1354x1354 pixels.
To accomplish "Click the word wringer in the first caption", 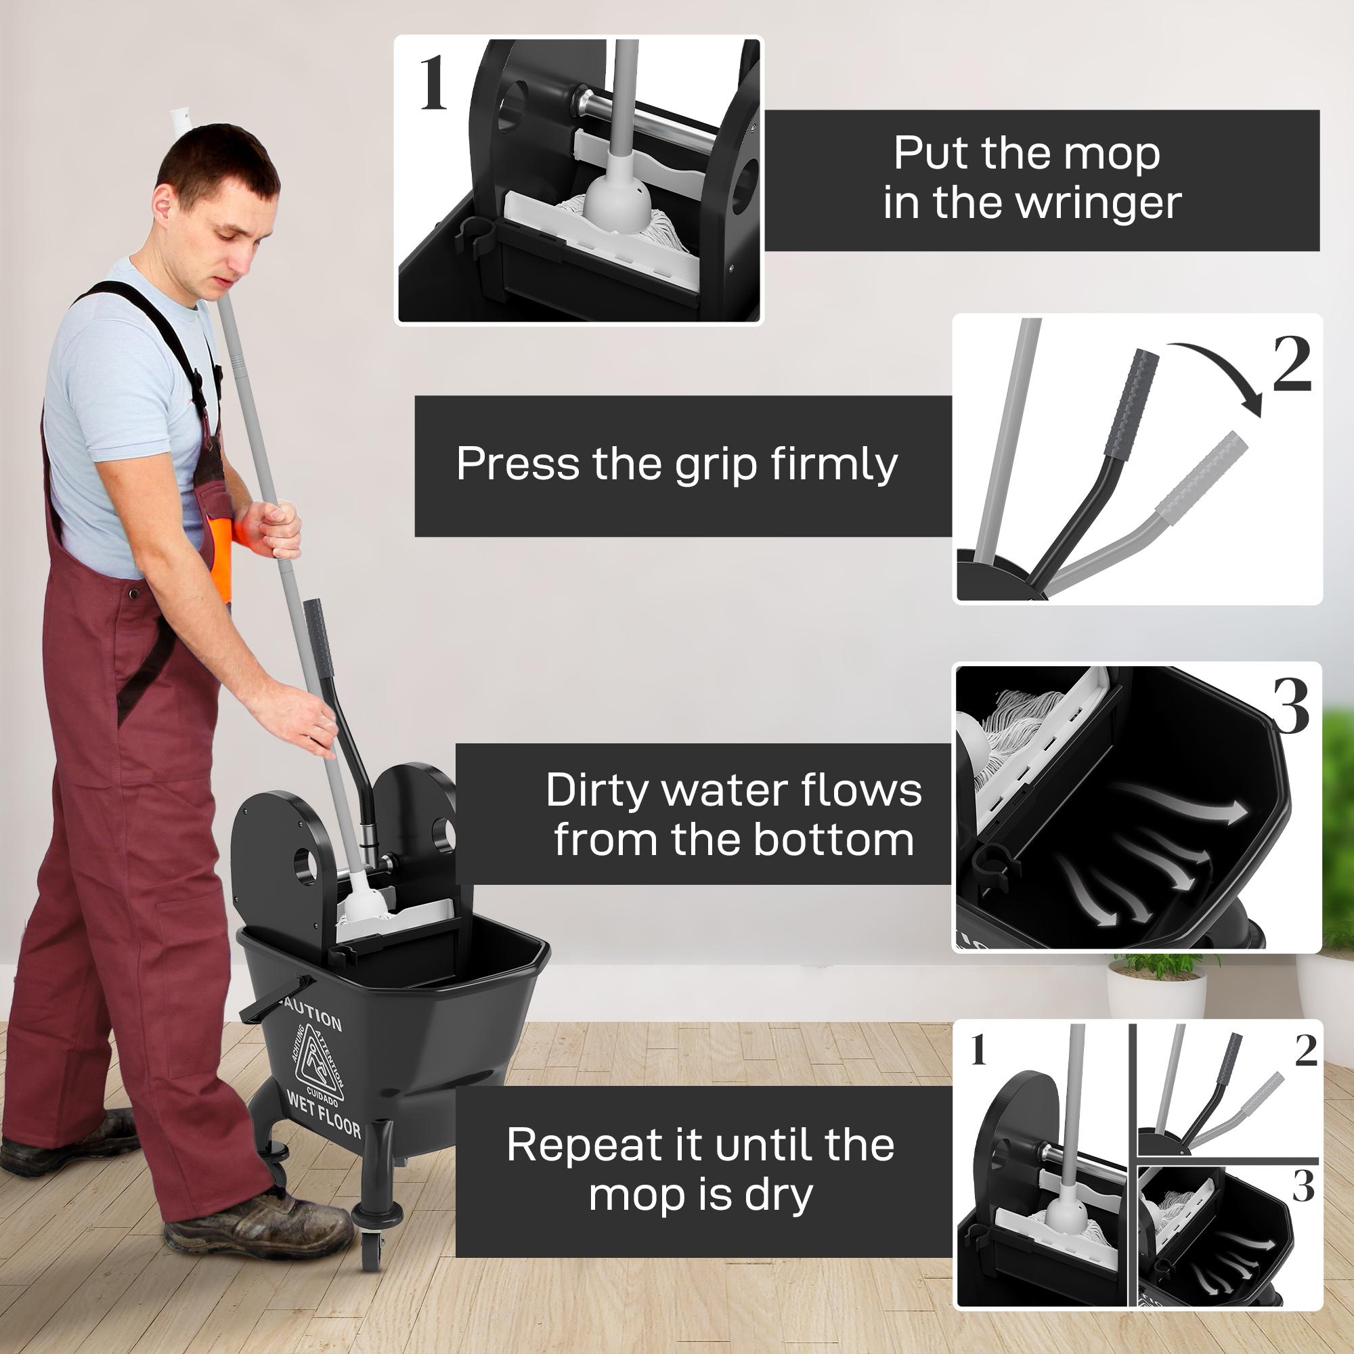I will coord(1098,204).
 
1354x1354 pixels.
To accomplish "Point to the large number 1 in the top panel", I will coord(433,84).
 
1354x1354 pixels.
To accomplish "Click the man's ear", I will coord(162,208).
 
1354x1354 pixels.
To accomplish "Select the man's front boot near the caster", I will coord(259,1223).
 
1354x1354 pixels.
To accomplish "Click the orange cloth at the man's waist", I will coord(221,554).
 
